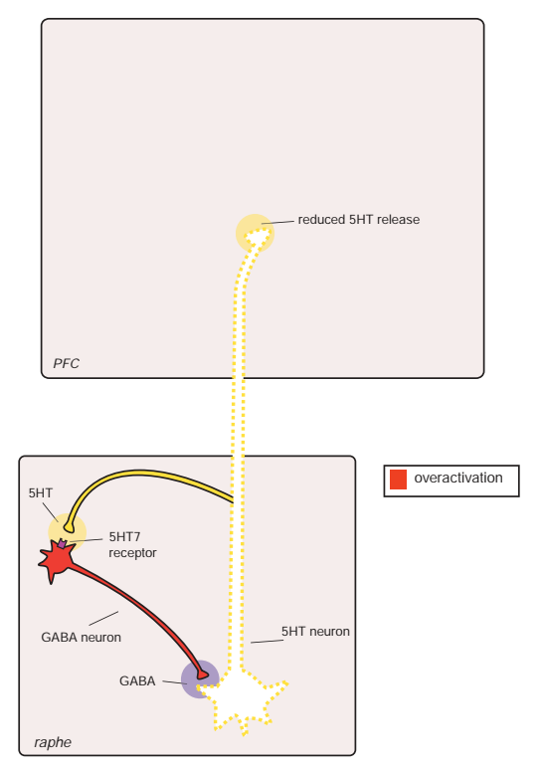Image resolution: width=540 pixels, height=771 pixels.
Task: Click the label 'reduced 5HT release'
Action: click(359, 219)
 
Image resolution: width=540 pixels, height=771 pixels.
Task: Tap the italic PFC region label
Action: click(66, 363)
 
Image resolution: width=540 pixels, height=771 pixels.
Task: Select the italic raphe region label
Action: click(53, 742)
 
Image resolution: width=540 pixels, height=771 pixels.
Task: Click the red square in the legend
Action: click(398, 480)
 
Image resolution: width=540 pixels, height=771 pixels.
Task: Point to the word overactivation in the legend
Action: click(457, 478)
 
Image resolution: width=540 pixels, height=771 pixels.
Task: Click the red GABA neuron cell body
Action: click(57, 560)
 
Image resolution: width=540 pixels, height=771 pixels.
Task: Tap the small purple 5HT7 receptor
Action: click(62, 543)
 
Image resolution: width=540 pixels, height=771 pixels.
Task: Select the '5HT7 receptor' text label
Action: click(132, 544)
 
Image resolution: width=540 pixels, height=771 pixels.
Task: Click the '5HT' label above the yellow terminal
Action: click(41, 492)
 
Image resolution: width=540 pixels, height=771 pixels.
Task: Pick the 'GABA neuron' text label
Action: click(82, 638)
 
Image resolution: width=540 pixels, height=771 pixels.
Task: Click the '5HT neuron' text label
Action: click(315, 632)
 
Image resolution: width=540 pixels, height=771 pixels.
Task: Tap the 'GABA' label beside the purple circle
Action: click(137, 681)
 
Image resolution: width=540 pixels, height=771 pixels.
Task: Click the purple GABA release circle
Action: click(199, 679)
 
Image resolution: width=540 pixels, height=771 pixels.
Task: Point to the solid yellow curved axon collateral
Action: click(142, 473)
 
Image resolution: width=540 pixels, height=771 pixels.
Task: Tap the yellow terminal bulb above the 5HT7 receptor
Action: click(69, 528)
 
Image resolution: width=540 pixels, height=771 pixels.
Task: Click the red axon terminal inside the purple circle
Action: click(202, 675)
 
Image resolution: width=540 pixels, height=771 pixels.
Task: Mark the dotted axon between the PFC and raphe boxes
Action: click(238, 417)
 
